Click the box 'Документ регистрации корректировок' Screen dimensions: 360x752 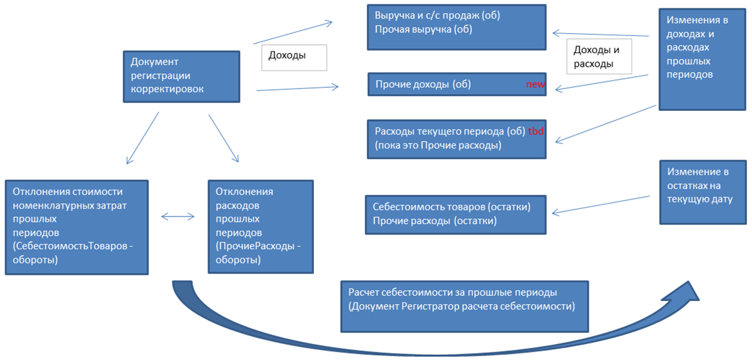[183, 76]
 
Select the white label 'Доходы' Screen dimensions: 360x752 [294, 56]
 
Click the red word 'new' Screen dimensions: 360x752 [535, 85]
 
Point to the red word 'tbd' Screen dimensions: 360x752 [536, 131]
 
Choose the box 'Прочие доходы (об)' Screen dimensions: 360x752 [456, 85]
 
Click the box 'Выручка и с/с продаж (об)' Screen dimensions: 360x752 [456, 27]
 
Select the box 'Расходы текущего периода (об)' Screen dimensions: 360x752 [456, 138]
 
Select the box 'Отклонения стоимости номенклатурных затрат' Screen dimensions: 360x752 [76, 227]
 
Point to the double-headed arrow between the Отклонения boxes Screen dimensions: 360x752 [178, 217]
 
